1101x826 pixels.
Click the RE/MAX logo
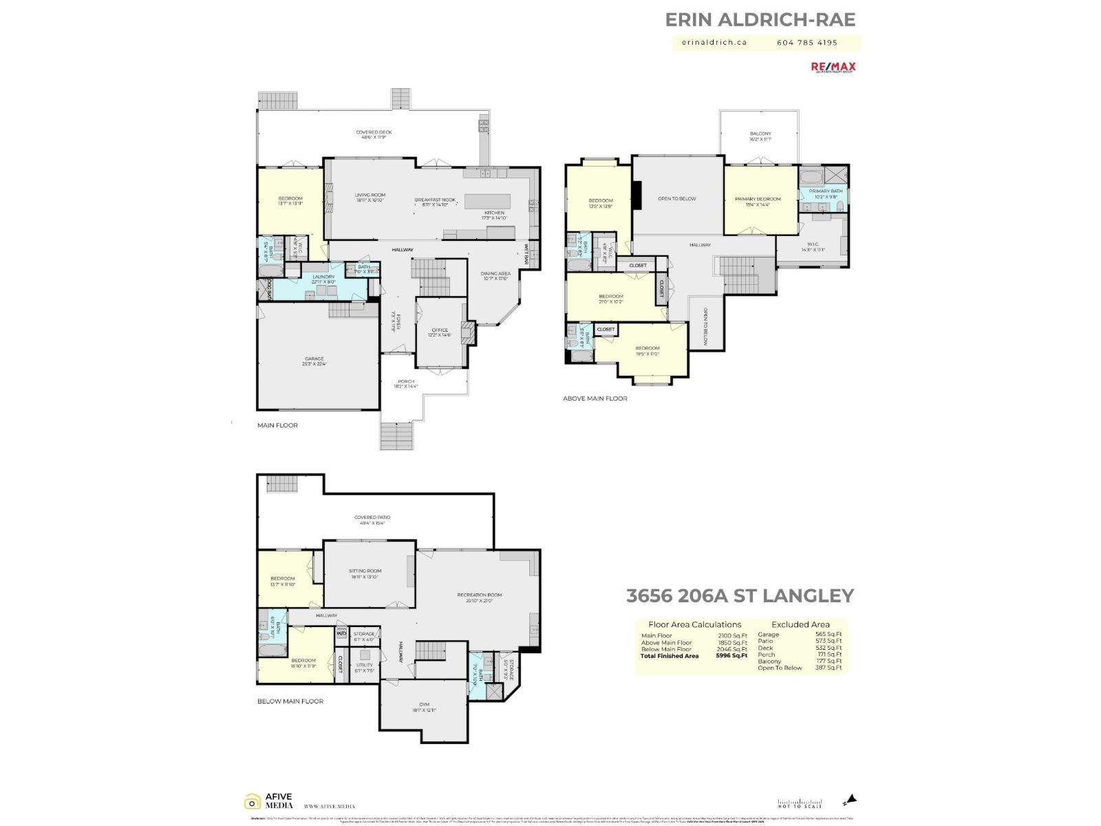[833, 67]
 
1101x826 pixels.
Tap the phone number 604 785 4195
[807, 42]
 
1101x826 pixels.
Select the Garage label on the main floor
[314, 359]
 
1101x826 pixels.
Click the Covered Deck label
[374, 132]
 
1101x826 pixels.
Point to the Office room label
[440, 330]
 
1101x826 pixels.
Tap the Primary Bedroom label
[758, 199]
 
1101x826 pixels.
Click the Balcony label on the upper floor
[760, 134]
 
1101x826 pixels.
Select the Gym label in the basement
[424, 704]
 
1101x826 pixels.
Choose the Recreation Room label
[480, 595]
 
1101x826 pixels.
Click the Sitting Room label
[365, 571]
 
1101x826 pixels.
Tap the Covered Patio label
[372, 518]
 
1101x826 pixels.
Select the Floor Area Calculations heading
[694, 624]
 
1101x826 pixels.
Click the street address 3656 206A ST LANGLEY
[740, 595]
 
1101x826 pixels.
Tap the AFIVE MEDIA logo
[269, 801]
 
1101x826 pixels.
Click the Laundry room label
[323, 277]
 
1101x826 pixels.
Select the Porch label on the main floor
[406, 381]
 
